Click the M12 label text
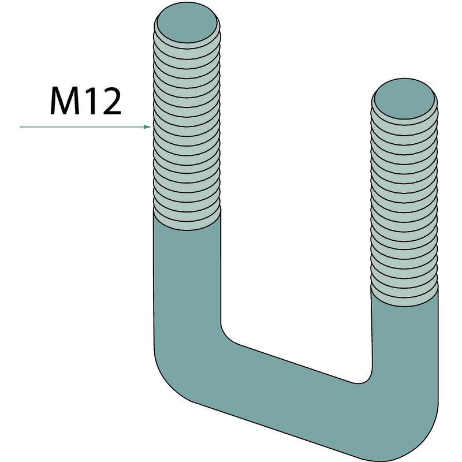click(x=85, y=101)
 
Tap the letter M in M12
click(x=65, y=101)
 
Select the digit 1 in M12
click(x=92, y=101)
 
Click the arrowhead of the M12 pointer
click(x=147, y=127)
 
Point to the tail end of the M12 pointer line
click(x=20, y=127)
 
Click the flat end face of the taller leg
click(x=187, y=23)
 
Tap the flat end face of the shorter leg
click(x=404, y=99)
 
